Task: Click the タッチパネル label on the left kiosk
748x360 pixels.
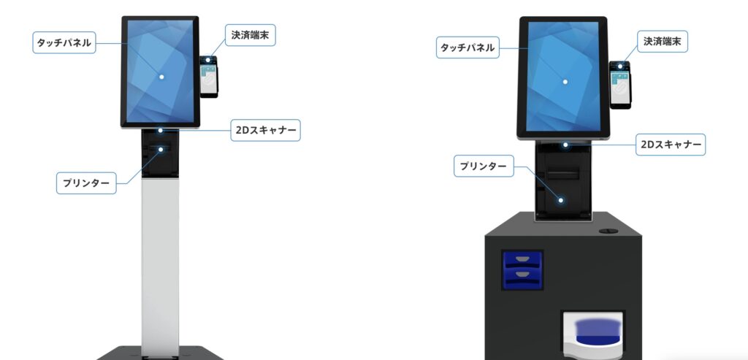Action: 64,43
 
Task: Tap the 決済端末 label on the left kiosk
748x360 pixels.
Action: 249,35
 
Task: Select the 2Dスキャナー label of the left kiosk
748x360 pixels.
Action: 264,130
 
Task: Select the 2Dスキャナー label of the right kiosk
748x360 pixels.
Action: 670,145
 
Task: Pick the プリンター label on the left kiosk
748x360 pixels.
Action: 87,182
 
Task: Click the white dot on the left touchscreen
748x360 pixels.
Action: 161,76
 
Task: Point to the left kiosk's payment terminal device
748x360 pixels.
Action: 209,77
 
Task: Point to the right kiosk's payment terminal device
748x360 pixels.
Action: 620,86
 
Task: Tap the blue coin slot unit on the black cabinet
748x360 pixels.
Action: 522,269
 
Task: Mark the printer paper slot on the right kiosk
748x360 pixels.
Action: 563,174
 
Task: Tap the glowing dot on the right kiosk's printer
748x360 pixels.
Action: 562,200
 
